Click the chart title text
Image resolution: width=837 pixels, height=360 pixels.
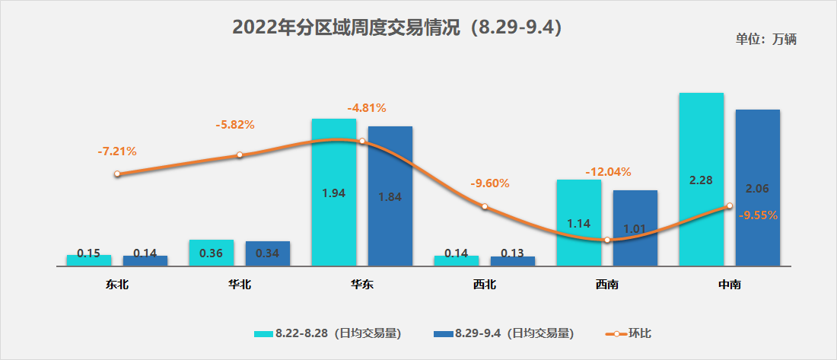pos(396,28)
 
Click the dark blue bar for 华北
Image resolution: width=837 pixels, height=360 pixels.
pos(267,253)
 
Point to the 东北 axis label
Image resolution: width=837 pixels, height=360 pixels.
pos(117,285)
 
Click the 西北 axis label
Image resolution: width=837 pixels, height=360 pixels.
pos(484,285)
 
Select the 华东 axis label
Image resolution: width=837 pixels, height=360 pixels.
pos(361,285)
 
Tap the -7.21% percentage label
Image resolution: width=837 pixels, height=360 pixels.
pos(117,151)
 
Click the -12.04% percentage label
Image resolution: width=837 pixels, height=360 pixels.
pos(608,171)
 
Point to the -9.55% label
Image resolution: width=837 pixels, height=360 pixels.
pos(758,215)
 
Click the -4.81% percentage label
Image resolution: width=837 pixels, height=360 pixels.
pos(366,107)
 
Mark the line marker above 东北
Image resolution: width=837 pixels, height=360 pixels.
pos(117,174)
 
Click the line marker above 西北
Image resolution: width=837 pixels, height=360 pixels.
pos(484,206)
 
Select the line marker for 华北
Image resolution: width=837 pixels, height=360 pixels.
pos(240,155)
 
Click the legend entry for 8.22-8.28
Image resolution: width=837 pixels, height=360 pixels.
pos(328,333)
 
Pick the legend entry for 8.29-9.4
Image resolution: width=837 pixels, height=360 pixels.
pos(503,333)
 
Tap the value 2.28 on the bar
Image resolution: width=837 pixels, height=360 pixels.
pos(701,180)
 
